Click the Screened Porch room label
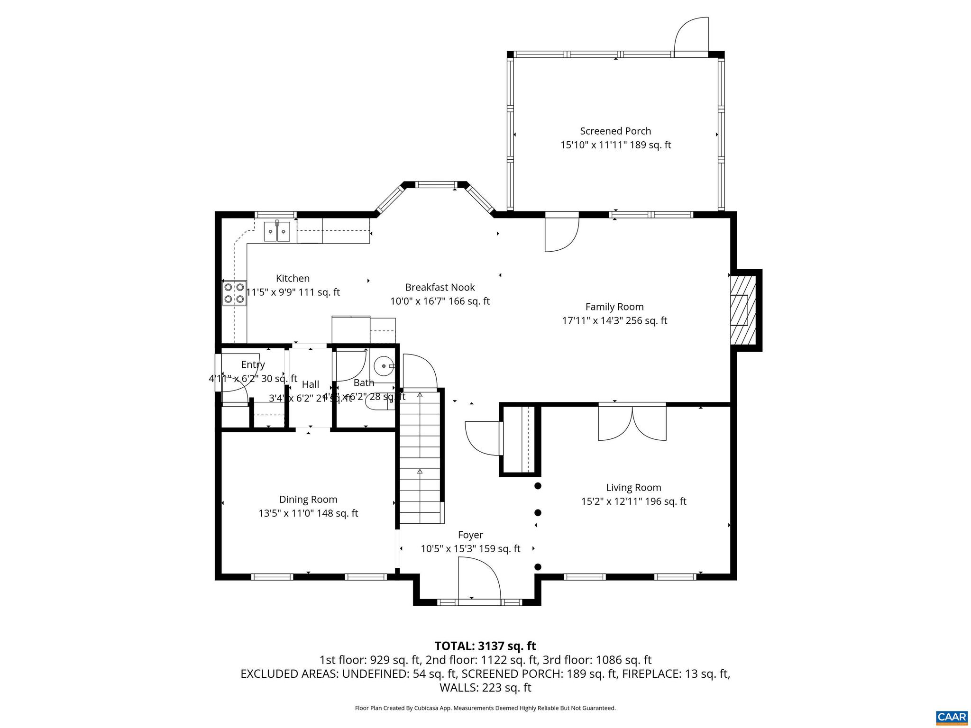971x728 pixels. pyautogui.click(x=615, y=131)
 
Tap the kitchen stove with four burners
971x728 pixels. pyautogui.click(x=234, y=293)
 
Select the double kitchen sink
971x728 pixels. pyautogui.click(x=277, y=232)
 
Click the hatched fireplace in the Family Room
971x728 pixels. pyautogui.click(x=742, y=310)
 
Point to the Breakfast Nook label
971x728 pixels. pyautogui.click(x=440, y=287)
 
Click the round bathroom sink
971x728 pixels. pyautogui.click(x=384, y=366)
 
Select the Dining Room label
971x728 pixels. pyautogui.click(x=308, y=500)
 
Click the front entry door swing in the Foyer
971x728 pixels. pyautogui.click(x=479, y=581)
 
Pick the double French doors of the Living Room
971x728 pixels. pyautogui.click(x=632, y=423)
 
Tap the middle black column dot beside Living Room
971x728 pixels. pyautogui.click(x=538, y=513)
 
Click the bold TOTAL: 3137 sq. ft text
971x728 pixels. pyautogui.click(x=485, y=646)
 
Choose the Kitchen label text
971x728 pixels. pyautogui.click(x=293, y=279)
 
